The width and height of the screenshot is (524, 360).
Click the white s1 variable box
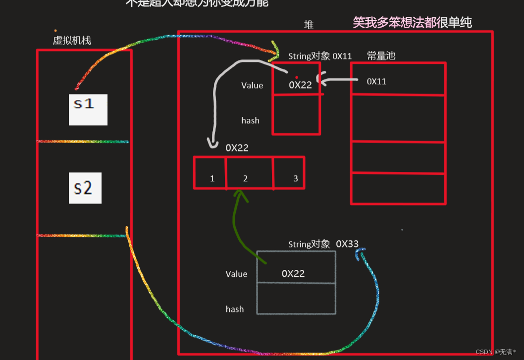(88, 109)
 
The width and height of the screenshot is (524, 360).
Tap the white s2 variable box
(85, 188)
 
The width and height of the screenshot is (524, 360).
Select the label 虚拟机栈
(72, 41)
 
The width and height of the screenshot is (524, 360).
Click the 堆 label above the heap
(309, 24)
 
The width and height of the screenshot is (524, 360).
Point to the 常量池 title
(381, 55)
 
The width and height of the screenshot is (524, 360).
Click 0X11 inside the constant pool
(376, 81)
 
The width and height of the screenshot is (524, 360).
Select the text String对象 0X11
(319, 56)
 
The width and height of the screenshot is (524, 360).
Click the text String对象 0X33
(323, 244)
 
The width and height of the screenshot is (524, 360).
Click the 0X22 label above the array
(237, 148)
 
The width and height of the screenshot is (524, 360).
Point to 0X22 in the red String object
(300, 85)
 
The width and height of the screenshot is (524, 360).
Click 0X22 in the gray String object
(293, 273)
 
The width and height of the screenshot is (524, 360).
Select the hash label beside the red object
(250, 120)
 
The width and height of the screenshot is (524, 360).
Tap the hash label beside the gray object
(235, 309)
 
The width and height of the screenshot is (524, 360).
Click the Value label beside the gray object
(236, 274)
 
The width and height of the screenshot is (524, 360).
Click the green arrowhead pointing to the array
(241, 195)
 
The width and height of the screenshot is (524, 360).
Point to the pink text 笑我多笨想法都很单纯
(412, 22)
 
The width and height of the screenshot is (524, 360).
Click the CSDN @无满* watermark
(496, 352)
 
